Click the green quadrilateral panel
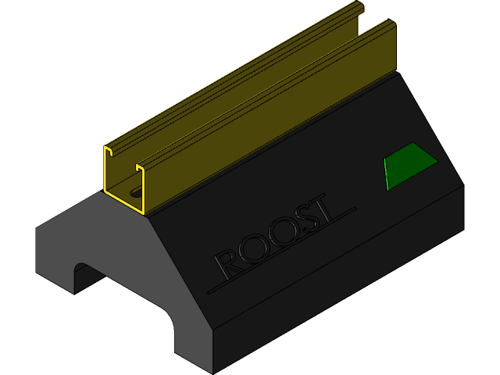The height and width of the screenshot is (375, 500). pyautogui.click(x=409, y=165)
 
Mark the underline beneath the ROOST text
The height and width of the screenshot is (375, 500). pyautogui.click(x=281, y=250)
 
